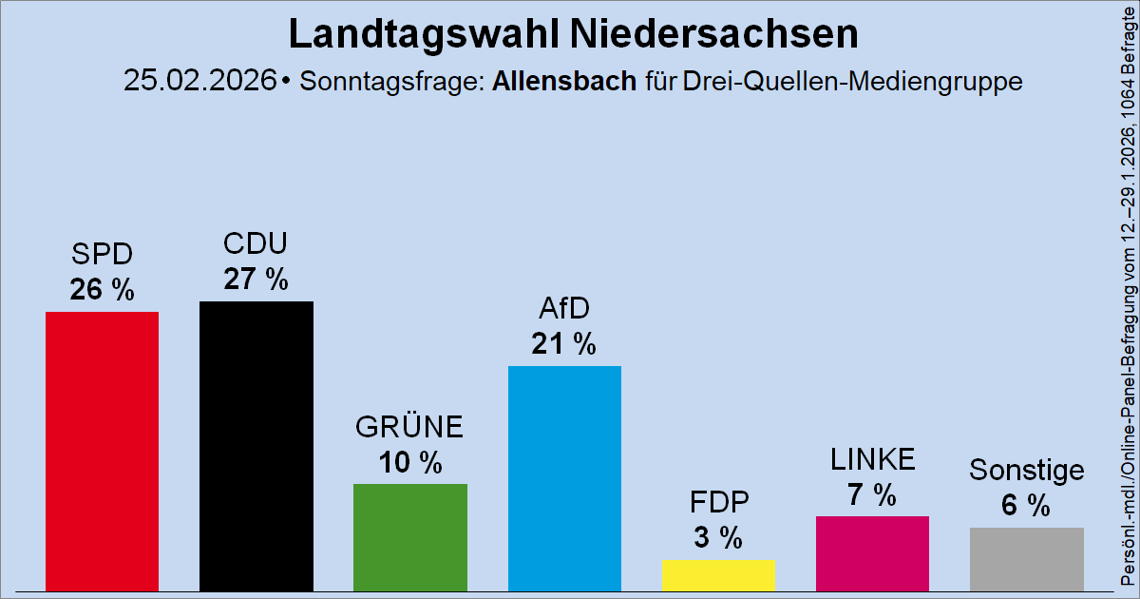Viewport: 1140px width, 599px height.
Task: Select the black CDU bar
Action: click(256, 445)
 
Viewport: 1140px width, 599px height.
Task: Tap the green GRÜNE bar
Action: click(409, 536)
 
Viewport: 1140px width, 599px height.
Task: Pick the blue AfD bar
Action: click(564, 477)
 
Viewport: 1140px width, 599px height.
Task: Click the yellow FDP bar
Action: click(718, 574)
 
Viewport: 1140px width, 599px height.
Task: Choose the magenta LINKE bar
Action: click(872, 552)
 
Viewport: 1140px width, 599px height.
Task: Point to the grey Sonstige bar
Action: click(1026, 558)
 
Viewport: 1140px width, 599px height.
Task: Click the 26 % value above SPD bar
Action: click(102, 290)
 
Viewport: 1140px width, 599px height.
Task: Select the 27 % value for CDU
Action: click(256, 280)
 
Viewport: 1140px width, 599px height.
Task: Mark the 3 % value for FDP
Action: click(718, 538)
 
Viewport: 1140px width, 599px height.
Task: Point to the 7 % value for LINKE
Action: click(872, 494)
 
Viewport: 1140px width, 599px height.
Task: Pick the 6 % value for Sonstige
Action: click(1026, 506)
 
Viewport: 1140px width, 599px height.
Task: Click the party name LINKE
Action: click(872, 460)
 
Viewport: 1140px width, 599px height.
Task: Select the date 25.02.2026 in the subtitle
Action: click(200, 80)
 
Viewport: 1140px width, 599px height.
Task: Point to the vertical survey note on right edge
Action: click(1126, 299)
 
